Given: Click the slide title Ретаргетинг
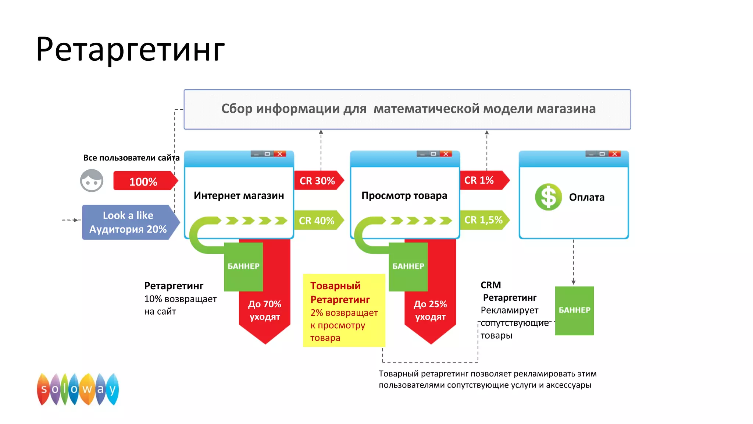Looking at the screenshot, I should [x=130, y=50].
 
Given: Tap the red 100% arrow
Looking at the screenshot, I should [x=144, y=181].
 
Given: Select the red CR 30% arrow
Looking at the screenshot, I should [x=318, y=181].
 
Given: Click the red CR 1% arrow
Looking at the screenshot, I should [x=482, y=180].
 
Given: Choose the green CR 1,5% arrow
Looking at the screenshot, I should [x=483, y=220].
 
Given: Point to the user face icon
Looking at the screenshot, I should [x=92, y=181].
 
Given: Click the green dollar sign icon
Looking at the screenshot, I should [x=548, y=197].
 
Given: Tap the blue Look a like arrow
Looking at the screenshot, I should [x=128, y=222].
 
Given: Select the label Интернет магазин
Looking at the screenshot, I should [x=239, y=195].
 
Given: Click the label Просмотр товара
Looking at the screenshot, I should [x=404, y=195].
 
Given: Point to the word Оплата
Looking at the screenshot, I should [x=586, y=197].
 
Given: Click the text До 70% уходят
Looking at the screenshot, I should [x=265, y=310].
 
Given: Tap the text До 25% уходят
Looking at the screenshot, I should [x=430, y=310].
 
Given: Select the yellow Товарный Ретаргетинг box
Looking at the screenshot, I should [x=344, y=310].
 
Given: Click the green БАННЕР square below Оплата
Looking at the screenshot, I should [x=574, y=311].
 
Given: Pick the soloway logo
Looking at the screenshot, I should [x=78, y=389].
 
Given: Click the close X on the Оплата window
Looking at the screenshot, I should [x=614, y=154].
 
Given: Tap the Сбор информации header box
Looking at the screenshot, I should [x=407, y=109].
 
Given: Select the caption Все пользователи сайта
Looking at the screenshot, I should [x=131, y=158].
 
